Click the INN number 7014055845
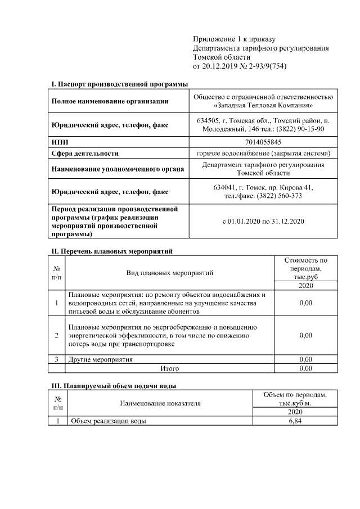click(263, 143)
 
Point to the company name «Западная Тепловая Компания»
click(263, 106)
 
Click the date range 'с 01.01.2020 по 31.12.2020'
click(263, 221)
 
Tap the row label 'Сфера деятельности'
click(85, 154)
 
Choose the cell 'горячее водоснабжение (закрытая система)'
click(263, 154)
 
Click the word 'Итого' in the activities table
click(170, 368)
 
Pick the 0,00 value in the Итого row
click(305, 368)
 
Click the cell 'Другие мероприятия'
click(101, 359)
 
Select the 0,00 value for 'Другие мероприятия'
click(305, 359)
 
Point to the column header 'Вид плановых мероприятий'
click(170, 273)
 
